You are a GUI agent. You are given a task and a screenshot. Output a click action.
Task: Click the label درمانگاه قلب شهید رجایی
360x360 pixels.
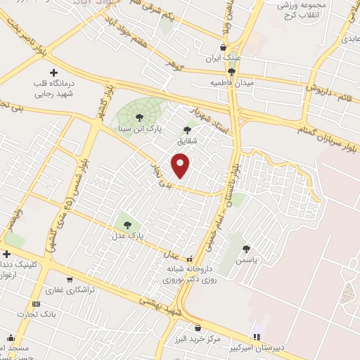coord(54,87)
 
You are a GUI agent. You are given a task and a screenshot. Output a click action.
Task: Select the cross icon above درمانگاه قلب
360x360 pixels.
coord(54,72)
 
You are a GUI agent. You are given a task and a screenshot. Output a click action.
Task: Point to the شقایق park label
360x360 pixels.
coord(187,140)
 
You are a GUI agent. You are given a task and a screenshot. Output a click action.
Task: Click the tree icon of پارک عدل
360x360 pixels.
coord(127,225)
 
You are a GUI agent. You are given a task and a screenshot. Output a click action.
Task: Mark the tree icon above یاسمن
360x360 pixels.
coord(245,248)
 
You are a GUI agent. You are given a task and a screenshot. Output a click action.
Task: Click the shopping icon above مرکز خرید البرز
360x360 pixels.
coord(198,328)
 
